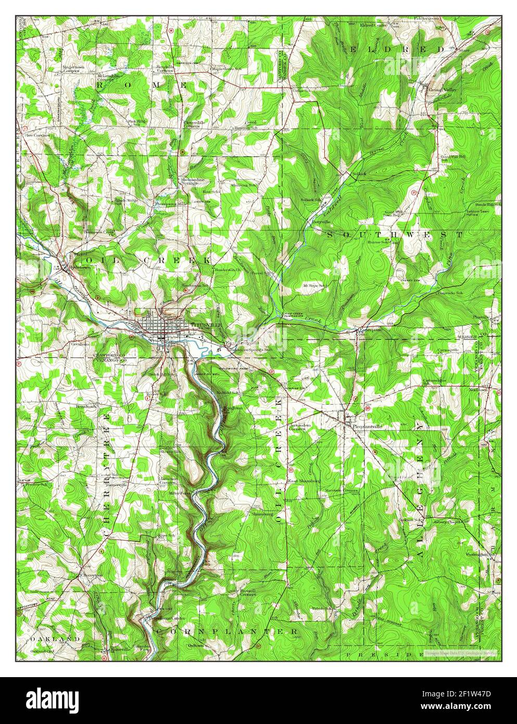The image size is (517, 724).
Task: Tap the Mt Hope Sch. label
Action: coord(314,286)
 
